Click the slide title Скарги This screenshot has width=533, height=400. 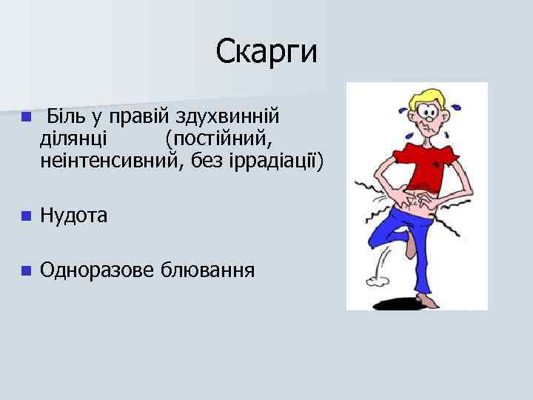[266, 51]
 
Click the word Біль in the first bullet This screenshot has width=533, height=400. [65, 116]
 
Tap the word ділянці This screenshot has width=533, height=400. [73, 138]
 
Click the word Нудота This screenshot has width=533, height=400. [74, 216]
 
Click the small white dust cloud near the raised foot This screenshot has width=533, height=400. [380, 278]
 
